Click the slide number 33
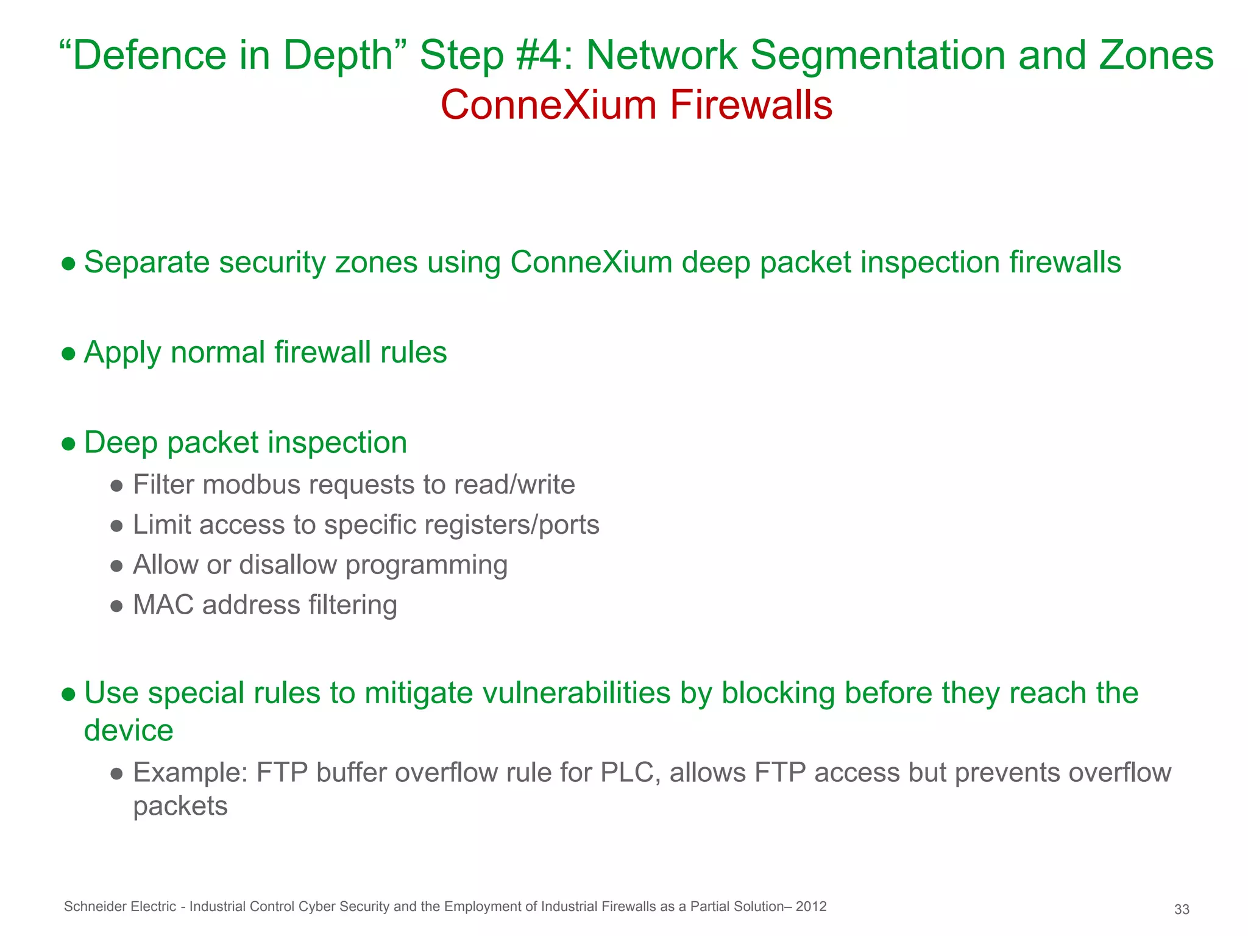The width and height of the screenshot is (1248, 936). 1182,910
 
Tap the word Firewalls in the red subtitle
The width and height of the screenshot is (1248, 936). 751,105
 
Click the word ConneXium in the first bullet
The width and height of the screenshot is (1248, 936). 590,263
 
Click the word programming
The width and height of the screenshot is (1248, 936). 426,565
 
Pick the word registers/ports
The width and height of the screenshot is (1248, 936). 511,525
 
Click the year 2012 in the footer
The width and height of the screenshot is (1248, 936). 810,906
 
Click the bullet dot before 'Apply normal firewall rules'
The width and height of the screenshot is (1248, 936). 69,353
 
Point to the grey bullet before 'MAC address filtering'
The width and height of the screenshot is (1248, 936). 118,606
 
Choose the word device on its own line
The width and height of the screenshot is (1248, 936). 129,731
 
